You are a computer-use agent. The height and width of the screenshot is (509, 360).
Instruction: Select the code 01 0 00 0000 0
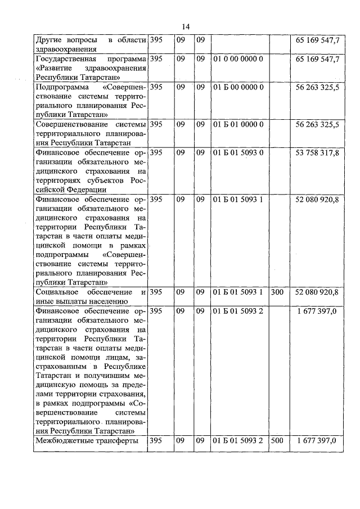click(x=238, y=58)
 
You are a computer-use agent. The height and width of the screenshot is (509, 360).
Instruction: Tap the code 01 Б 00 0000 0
click(x=238, y=87)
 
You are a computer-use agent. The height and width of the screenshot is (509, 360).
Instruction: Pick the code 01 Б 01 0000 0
click(x=238, y=124)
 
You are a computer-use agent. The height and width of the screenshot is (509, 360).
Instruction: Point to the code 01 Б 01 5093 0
click(x=238, y=152)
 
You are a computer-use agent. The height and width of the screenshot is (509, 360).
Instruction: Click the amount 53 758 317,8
click(x=317, y=152)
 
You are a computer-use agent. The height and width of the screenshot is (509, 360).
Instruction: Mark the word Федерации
click(x=54, y=190)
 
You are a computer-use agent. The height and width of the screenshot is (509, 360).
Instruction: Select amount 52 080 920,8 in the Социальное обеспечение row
click(x=317, y=292)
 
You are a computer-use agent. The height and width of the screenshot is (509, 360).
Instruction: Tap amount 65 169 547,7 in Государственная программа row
click(x=317, y=58)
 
